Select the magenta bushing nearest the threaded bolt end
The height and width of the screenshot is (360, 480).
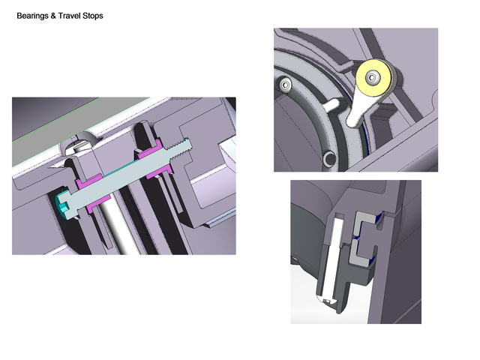(x=155, y=159)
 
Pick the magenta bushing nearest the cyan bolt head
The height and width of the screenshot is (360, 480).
(x=94, y=193)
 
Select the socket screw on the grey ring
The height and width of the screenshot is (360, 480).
(x=285, y=84)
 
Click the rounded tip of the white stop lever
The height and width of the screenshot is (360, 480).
(x=354, y=121)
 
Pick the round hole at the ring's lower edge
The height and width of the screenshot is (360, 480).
(x=330, y=159)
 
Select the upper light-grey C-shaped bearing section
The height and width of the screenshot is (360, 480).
(x=364, y=223)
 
